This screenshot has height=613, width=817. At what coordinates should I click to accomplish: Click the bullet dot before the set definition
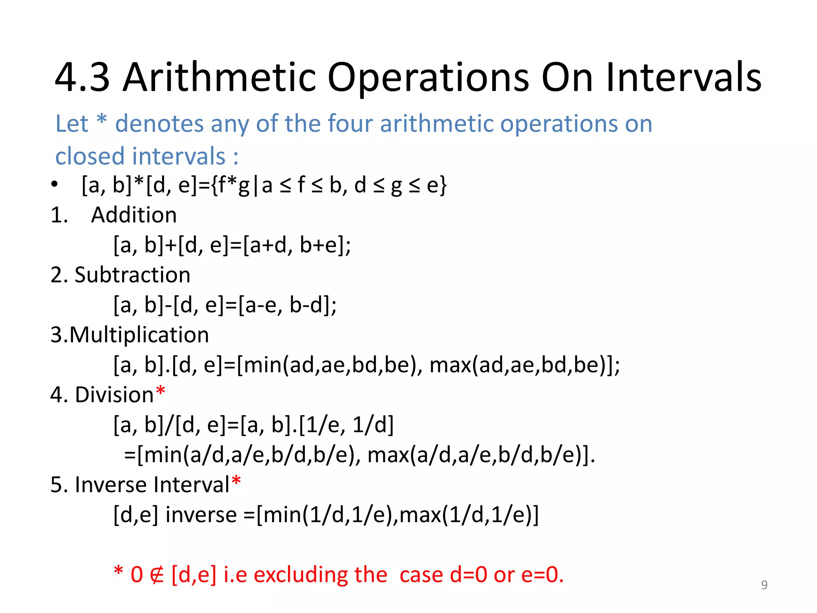pos(55,185)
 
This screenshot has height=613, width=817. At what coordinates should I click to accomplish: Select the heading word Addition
pos(134,215)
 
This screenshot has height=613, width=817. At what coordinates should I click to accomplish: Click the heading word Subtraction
pos(132,275)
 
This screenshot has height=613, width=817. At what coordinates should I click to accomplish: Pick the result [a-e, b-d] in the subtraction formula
pos(287,305)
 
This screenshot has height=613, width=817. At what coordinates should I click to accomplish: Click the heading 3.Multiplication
pos(130,335)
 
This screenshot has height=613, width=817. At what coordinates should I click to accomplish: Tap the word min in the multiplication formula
pos(262,365)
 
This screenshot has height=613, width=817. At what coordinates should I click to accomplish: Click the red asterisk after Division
pos(160,391)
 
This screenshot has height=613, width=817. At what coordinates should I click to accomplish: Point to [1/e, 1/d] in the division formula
pos(346,425)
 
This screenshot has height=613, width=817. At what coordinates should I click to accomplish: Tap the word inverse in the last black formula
pos(201,514)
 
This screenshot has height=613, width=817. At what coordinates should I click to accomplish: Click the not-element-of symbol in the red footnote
pos(157,575)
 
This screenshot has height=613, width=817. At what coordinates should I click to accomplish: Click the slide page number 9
pos(764,585)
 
